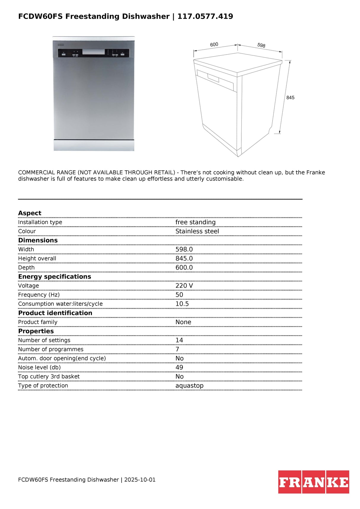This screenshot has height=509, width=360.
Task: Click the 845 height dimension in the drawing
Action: pyautogui.click(x=290, y=97)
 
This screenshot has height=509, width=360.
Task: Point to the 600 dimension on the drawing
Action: pyautogui.click(x=214, y=44)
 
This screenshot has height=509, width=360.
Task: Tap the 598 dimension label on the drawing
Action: pyautogui.click(x=261, y=45)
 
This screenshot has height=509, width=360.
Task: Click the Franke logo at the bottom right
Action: pyautogui.click(x=313, y=482)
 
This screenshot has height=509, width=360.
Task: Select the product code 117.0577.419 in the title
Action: pyautogui.click(x=205, y=16)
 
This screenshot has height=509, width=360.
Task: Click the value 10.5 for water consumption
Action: pyautogui.click(x=182, y=304)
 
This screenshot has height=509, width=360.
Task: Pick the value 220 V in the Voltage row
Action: pyautogui.click(x=184, y=286)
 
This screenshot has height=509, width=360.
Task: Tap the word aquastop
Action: pyautogui.click(x=189, y=385)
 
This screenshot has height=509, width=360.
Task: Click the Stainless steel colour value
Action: pyautogui.click(x=197, y=231)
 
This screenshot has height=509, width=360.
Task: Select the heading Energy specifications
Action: pyautogui.click(x=55, y=276)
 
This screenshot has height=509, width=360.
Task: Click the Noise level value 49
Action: pyautogui.click(x=179, y=367)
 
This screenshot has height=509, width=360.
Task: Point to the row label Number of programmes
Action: pyautogui.click(x=51, y=349)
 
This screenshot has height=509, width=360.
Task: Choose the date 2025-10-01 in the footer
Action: pyautogui.click(x=140, y=480)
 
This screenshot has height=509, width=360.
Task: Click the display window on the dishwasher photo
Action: pyautogui.click(x=93, y=52)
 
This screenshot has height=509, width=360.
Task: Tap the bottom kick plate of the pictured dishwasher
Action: pyautogui.click(x=94, y=145)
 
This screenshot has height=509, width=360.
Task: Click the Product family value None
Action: pyautogui.click(x=183, y=322)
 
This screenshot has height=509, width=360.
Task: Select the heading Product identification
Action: pyautogui.click(x=55, y=313)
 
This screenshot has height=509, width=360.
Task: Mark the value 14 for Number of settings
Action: pyautogui.click(x=179, y=340)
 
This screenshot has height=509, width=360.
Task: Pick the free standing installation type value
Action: pyautogui.click(x=195, y=222)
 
